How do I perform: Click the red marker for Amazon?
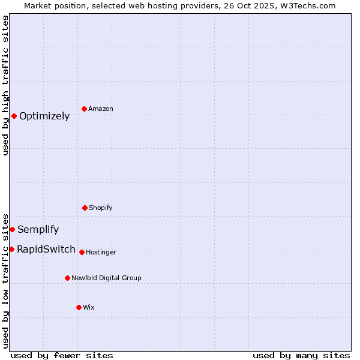pos(85,109)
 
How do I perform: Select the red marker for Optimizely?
pos(14,116)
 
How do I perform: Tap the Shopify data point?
pos(85,208)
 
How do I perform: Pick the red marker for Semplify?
pos(12,229)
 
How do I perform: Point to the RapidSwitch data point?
pos(11,249)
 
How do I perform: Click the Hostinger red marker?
pos(82,252)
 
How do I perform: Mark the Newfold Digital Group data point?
pos(67,278)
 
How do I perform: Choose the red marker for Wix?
pos(79,307)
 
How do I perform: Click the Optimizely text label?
pos(44,116)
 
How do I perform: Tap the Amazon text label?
pos(101,109)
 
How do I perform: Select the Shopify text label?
pos(101,208)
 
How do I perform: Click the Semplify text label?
pos(38,230)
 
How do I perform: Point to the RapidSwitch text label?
pos(46,250)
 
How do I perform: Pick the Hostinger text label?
pos(101,253)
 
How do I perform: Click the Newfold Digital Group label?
pos(106,278)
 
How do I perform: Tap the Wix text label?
pos(89,308)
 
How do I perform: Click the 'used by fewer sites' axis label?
pos(62,355)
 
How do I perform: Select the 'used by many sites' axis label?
pos(301,355)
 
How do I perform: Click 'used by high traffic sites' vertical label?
pos(6,85)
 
